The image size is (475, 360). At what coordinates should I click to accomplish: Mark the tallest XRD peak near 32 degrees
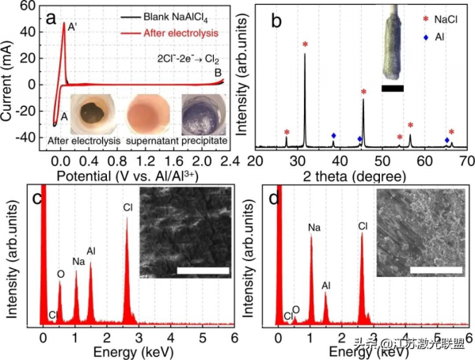305,54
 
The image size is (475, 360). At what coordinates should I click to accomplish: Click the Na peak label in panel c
78,261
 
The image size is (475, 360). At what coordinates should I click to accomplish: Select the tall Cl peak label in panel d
363,226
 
